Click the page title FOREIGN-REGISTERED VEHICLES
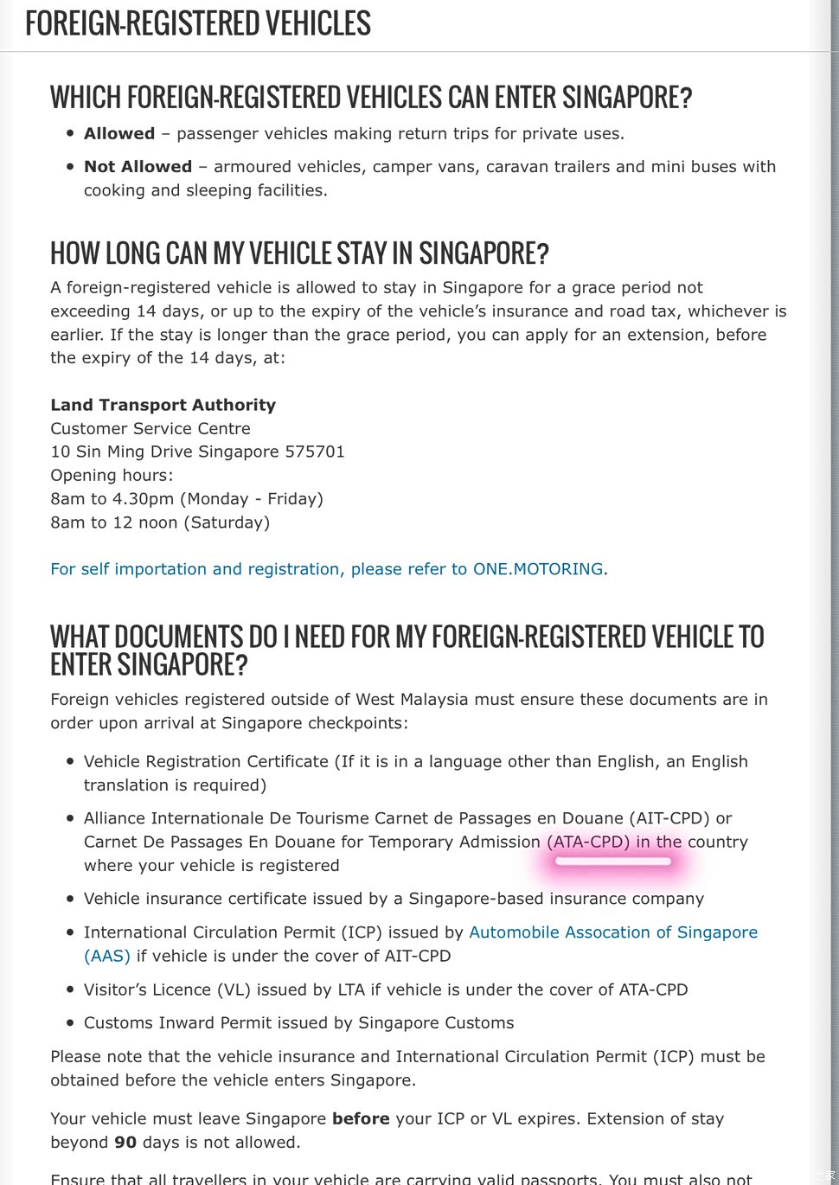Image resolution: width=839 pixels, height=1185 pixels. [198, 23]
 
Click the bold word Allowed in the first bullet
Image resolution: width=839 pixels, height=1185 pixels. [119, 133]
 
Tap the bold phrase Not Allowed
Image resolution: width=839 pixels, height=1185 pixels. [138, 166]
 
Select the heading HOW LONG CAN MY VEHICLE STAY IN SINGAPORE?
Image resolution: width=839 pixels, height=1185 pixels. [299, 253]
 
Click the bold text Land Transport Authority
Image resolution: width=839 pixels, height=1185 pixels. [163, 405]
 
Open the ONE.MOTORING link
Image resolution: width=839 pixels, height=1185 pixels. [538, 569]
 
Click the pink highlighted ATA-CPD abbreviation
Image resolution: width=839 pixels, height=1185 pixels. [588, 842]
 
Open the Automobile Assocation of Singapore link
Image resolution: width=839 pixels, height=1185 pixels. [613, 932]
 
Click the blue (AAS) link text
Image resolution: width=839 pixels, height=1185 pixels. [107, 956]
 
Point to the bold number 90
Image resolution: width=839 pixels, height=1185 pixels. [125, 1142]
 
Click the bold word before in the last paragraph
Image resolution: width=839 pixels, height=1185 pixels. [361, 1118]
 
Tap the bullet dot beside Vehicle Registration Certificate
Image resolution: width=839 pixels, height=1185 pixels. [70, 762]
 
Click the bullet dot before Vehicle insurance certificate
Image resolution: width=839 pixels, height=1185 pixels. [70, 900]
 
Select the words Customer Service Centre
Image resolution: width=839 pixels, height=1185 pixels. [151, 428]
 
